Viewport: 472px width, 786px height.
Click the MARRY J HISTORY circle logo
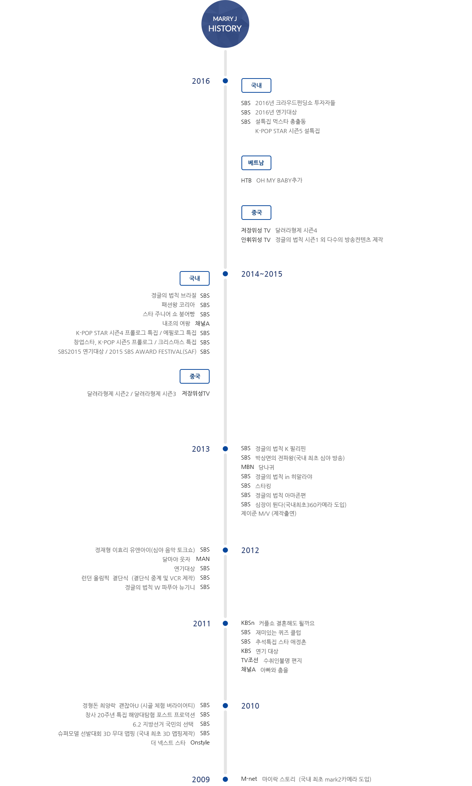point(225,24)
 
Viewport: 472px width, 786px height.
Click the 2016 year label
point(201,81)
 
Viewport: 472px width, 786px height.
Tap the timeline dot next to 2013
point(225,449)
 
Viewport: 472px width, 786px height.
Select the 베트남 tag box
point(256,163)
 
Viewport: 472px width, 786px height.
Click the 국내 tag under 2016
point(256,85)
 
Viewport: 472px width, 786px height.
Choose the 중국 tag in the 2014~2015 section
point(195,376)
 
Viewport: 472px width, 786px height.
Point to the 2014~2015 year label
point(262,274)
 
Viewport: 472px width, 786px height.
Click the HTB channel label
point(246,180)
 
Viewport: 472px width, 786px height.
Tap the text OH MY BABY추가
point(279,180)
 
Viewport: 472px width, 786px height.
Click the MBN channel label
point(247,467)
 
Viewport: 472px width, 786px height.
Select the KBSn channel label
point(248,623)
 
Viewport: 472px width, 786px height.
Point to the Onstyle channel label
point(200,743)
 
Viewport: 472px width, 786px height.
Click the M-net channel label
point(249,779)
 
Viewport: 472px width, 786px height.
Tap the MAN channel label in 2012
point(203,559)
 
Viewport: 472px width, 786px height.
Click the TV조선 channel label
point(250,660)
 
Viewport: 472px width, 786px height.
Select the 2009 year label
point(201,780)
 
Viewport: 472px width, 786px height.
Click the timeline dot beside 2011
point(225,623)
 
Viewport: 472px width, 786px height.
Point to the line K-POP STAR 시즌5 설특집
point(287,131)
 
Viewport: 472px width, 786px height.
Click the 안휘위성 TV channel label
point(256,240)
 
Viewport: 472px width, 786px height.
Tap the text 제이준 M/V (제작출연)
point(269,513)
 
